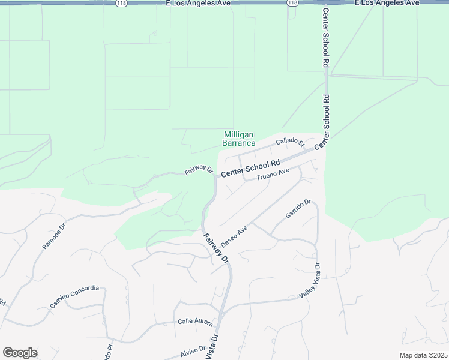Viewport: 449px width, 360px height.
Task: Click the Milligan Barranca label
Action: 239,139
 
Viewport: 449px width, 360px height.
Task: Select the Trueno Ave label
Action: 273,175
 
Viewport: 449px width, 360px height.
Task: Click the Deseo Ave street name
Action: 234,237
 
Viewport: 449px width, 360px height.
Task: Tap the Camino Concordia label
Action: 74,296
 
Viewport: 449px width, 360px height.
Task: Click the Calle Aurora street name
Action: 195,322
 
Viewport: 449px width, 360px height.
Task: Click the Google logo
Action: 20,353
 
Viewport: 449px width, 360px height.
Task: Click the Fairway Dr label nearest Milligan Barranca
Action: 199,170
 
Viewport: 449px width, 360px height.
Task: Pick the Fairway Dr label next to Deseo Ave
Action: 215,250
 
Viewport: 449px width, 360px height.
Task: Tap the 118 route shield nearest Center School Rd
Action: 292,3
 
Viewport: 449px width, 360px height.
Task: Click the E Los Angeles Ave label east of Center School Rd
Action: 387,3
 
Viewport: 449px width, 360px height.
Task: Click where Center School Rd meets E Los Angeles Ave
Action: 325,3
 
